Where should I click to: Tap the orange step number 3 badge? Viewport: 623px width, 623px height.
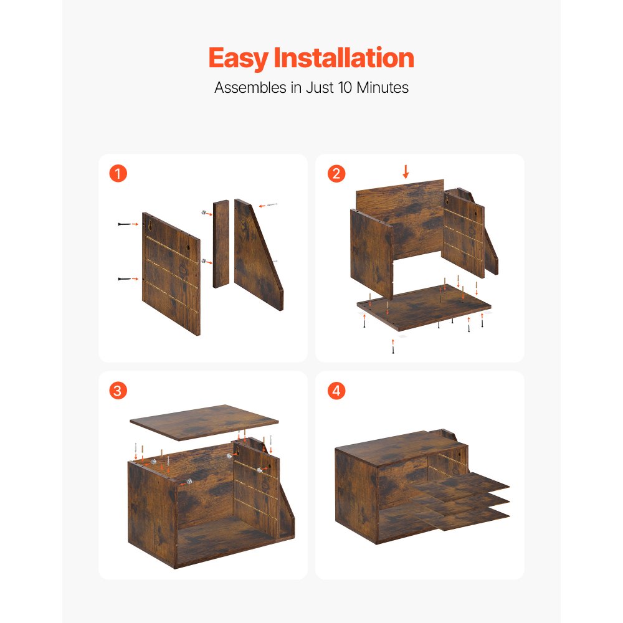118,391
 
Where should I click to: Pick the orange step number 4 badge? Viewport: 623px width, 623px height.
336,391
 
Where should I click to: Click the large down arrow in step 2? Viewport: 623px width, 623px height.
406,171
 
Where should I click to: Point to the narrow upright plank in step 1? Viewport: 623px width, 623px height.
221,244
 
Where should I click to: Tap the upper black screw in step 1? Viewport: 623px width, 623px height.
125,224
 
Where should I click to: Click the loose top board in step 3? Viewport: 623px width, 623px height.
204,421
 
